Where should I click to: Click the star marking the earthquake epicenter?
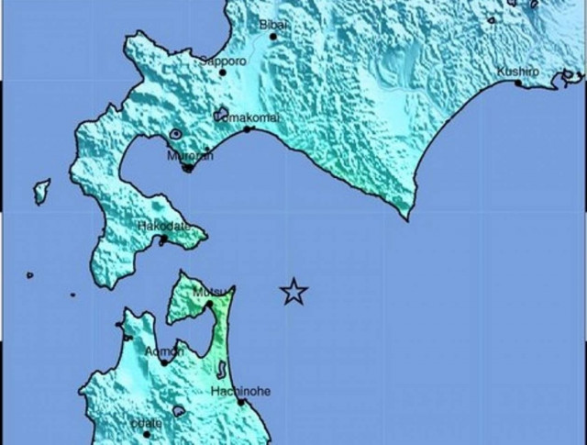click(293, 292)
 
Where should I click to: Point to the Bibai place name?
click(274, 25)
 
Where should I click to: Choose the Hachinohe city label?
click(240, 391)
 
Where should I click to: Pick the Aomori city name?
click(165, 351)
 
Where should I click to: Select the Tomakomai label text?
click(248, 117)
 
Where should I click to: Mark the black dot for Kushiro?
click(518, 83)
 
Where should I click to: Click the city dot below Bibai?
click(272, 37)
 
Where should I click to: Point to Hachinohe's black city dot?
click(240, 402)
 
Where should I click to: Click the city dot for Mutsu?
click(208, 304)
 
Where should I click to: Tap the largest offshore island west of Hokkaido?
click(41, 191)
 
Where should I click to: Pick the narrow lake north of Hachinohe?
click(221, 369)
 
